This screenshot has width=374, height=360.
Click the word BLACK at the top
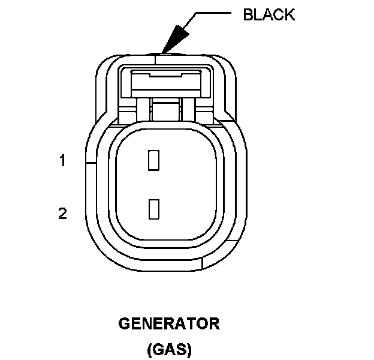(x=269, y=14)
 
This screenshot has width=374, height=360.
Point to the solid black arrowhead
(x=173, y=40)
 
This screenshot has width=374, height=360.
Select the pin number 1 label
(x=62, y=161)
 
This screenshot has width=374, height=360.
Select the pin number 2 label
(x=62, y=213)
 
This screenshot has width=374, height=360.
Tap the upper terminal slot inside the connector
(x=153, y=159)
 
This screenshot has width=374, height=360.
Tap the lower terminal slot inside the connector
(x=153, y=208)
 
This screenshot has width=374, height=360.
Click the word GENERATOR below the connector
(x=169, y=325)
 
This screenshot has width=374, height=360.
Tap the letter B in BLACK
(x=248, y=14)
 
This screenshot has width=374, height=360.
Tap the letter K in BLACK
(x=289, y=14)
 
